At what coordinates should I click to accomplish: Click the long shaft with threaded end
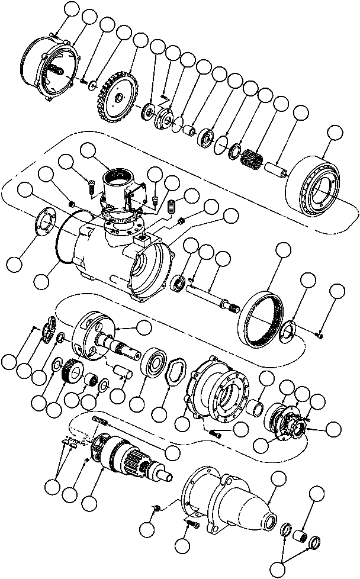(214, 296)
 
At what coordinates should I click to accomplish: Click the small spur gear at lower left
(70, 374)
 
